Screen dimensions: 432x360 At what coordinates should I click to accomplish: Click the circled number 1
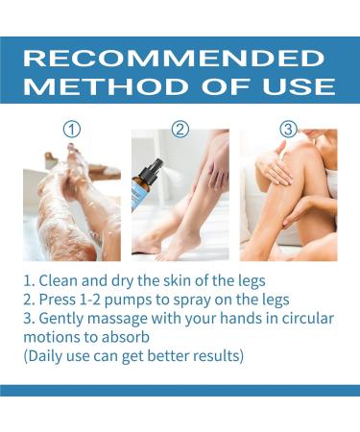tap(73, 129)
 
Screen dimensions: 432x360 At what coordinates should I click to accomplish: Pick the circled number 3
tap(287, 129)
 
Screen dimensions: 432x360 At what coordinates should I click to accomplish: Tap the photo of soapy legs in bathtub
tap(72, 203)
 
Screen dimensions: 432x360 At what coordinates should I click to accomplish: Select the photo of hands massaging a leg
tap(287, 203)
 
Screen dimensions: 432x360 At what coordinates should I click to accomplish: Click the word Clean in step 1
tap(68, 284)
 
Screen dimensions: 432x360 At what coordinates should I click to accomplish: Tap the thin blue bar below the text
tap(180, 391)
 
